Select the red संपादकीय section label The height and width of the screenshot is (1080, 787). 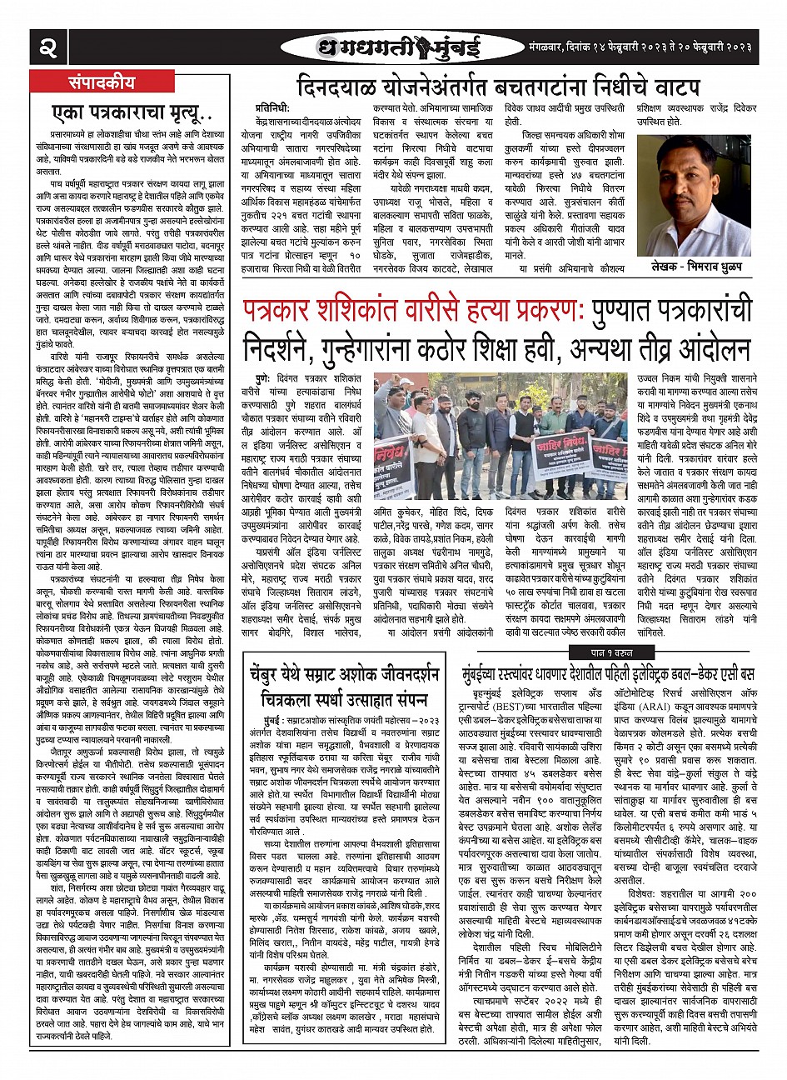pos(101,82)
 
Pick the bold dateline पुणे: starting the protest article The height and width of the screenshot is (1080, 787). pos(263,378)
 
